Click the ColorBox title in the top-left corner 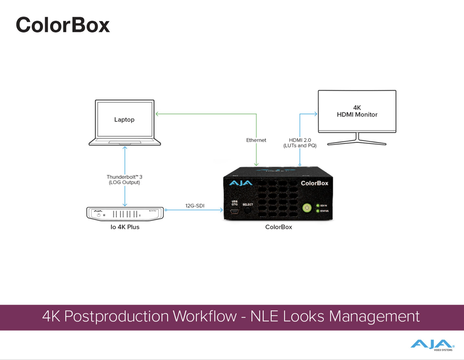(x=63, y=25)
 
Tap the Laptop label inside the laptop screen (x=124, y=120)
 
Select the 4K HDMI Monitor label (x=357, y=111)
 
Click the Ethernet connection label (x=256, y=140)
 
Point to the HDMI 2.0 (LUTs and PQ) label (x=300, y=143)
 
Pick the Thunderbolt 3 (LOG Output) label (x=124, y=180)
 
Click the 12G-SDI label (x=195, y=206)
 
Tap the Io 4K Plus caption (x=125, y=227)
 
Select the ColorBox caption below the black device (x=278, y=227)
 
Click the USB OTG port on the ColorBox (x=234, y=211)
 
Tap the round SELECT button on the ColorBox (x=247, y=210)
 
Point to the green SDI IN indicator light (x=318, y=206)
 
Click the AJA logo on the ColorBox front (x=241, y=183)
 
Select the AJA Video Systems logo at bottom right (x=432, y=345)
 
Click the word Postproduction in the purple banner (x=117, y=316)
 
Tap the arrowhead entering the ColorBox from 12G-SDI (x=222, y=210)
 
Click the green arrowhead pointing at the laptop (x=157, y=114)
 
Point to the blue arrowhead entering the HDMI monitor (x=316, y=114)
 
